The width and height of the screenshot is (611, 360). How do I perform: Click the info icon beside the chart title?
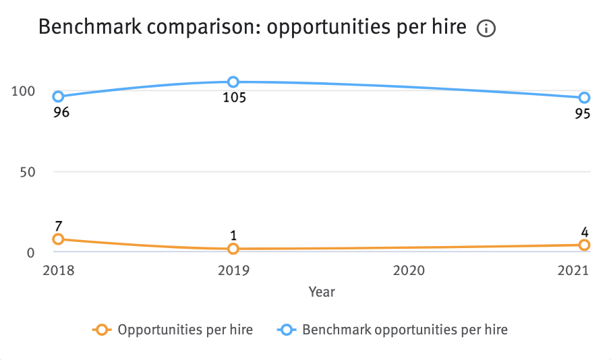pyautogui.click(x=486, y=29)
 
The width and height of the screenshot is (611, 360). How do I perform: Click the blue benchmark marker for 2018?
pyautogui.click(x=59, y=96)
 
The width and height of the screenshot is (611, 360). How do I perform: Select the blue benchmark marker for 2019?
pyautogui.click(x=233, y=82)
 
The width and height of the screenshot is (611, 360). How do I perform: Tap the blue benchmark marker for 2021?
pyautogui.click(x=584, y=98)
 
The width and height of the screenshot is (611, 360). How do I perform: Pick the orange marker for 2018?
pyautogui.click(x=59, y=239)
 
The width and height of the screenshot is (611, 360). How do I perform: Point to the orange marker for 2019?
pyautogui.click(x=233, y=249)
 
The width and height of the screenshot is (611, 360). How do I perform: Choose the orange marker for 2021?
pyautogui.click(x=584, y=245)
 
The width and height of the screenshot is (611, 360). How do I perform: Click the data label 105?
pyautogui.click(x=234, y=98)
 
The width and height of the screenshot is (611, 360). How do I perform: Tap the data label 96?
pyautogui.click(x=61, y=113)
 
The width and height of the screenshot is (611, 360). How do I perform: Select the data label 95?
pyautogui.click(x=583, y=114)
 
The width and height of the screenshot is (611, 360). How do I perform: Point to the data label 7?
pyautogui.click(x=59, y=224)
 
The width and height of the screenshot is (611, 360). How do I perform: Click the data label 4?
pyautogui.click(x=584, y=232)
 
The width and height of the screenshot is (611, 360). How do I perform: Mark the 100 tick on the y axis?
pyautogui.click(x=23, y=91)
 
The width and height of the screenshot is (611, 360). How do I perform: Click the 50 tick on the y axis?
pyautogui.click(x=27, y=172)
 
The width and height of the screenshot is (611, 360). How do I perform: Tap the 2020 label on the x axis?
pyautogui.click(x=409, y=271)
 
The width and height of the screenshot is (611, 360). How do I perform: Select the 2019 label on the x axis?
pyautogui.click(x=233, y=271)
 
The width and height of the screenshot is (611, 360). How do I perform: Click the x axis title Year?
pyautogui.click(x=322, y=292)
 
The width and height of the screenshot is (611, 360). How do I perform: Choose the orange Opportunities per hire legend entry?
pyautogui.click(x=173, y=330)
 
